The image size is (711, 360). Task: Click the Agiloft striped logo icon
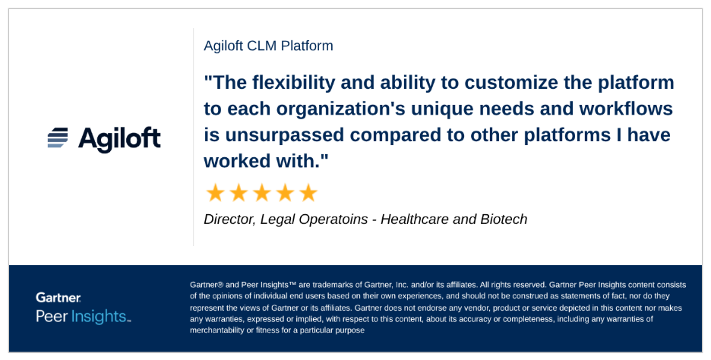[x=58, y=137]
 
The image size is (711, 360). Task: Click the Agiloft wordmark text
[x=119, y=140]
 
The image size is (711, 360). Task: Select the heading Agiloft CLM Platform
[x=268, y=46]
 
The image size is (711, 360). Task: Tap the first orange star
[x=216, y=193]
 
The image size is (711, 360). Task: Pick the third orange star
[x=261, y=193]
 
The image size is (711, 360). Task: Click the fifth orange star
[x=308, y=193]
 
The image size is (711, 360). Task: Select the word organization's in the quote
[x=341, y=109]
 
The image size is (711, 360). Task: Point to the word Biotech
[x=504, y=219]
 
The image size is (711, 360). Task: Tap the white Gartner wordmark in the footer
[x=58, y=298]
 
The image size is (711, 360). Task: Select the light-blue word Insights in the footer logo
[x=99, y=316]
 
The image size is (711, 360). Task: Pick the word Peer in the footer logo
[x=52, y=316]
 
